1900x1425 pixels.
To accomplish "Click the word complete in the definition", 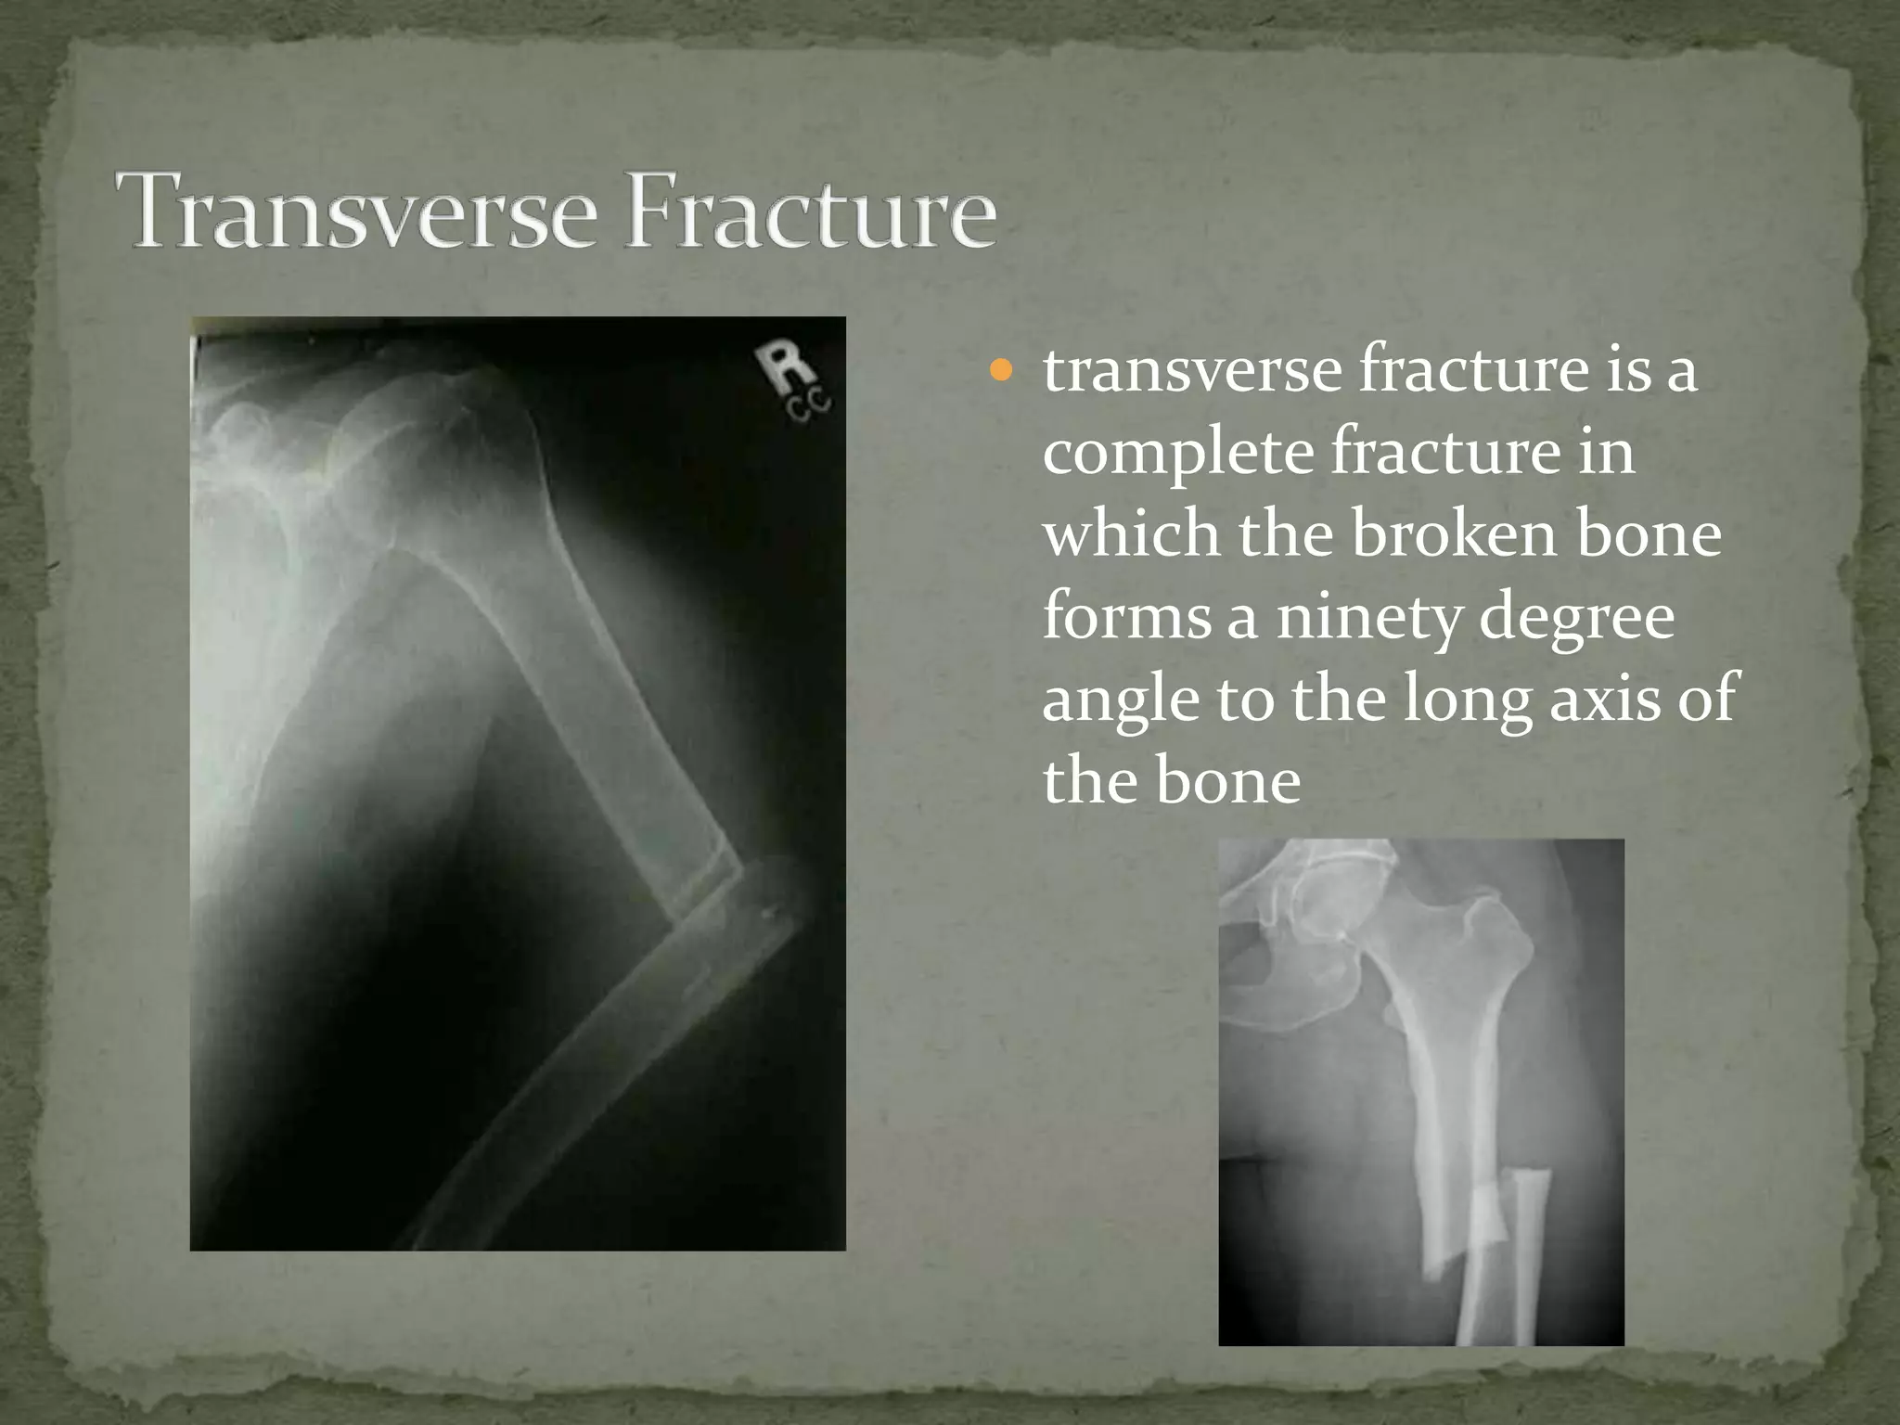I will point(1176,455).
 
